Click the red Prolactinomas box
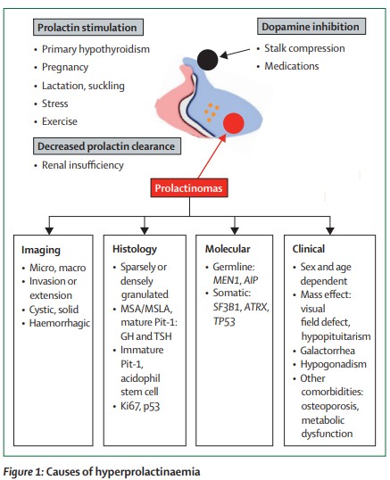tap(194, 189)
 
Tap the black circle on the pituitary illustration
tap(209, 58)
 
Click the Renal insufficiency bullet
tap(82, 165)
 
